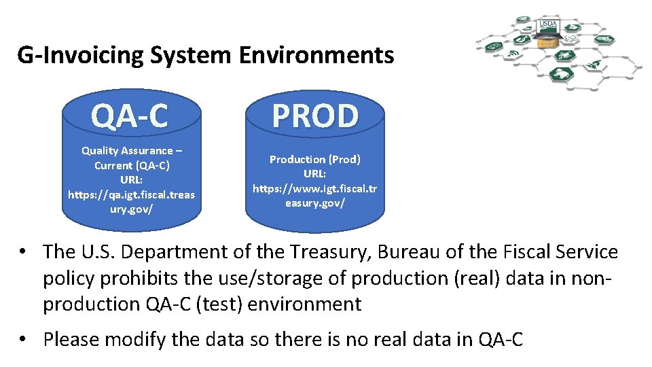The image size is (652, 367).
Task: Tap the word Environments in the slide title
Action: point(316,54)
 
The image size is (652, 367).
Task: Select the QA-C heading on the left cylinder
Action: point(130,116)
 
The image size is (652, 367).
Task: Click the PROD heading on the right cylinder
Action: point(315,116)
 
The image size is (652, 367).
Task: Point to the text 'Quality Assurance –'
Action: point(132,151)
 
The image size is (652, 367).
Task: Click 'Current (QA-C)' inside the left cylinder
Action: point(132,165)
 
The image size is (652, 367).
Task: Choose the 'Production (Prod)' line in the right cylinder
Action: point(315,159)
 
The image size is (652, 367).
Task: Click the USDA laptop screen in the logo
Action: point(547,26)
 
